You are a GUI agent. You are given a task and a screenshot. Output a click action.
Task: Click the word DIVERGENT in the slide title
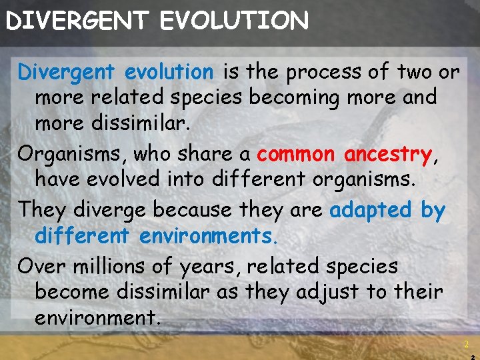[77, 21]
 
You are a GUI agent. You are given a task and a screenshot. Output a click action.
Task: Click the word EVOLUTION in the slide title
[234, 21]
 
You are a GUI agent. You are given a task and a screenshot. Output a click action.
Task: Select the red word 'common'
[296, 154]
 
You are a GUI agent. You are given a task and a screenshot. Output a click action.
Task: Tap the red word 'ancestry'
[387, 154]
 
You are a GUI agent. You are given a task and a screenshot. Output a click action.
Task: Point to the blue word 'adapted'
[371, 210]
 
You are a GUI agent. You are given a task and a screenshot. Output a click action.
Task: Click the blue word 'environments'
[208, 236]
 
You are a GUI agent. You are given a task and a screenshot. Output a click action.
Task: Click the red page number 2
[466, 345]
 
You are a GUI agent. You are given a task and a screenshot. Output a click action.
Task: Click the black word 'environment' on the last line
[97, 318]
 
